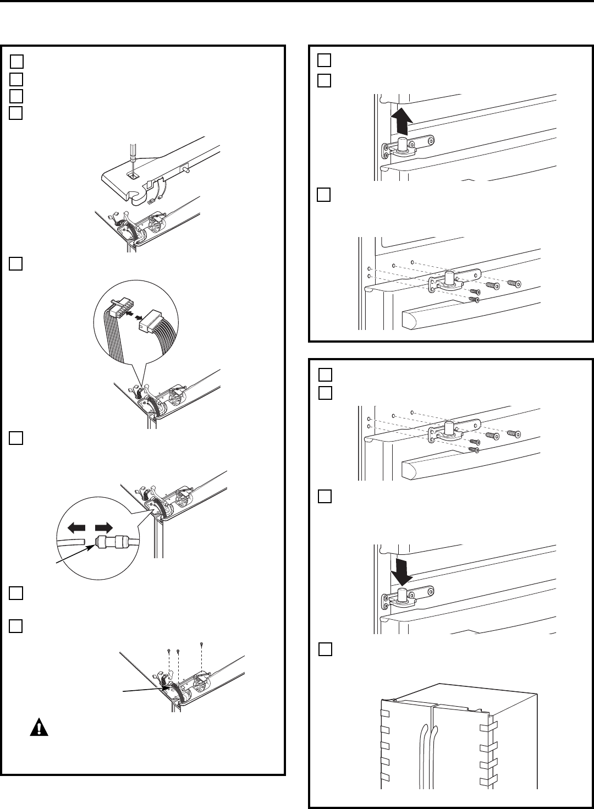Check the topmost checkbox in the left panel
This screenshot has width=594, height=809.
click(x=17, y=60)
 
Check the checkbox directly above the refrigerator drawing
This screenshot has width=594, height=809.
click(x=324, y=650)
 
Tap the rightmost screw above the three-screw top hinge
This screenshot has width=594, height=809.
click(x=203, y=644)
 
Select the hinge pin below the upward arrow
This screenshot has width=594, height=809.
click(x=403, y=146)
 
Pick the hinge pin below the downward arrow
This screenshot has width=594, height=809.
click(x=403, y=596)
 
